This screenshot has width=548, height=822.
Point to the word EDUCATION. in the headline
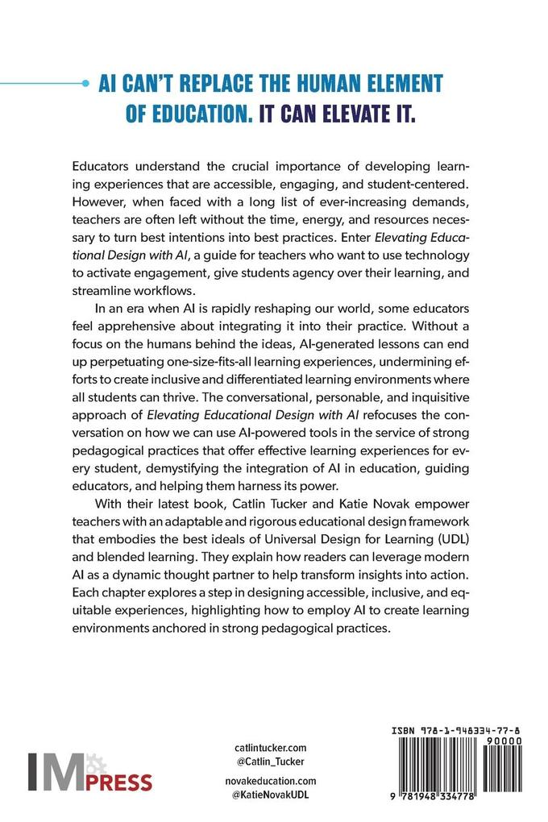pos(185,113)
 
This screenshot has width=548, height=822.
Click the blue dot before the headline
pos(85,82)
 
